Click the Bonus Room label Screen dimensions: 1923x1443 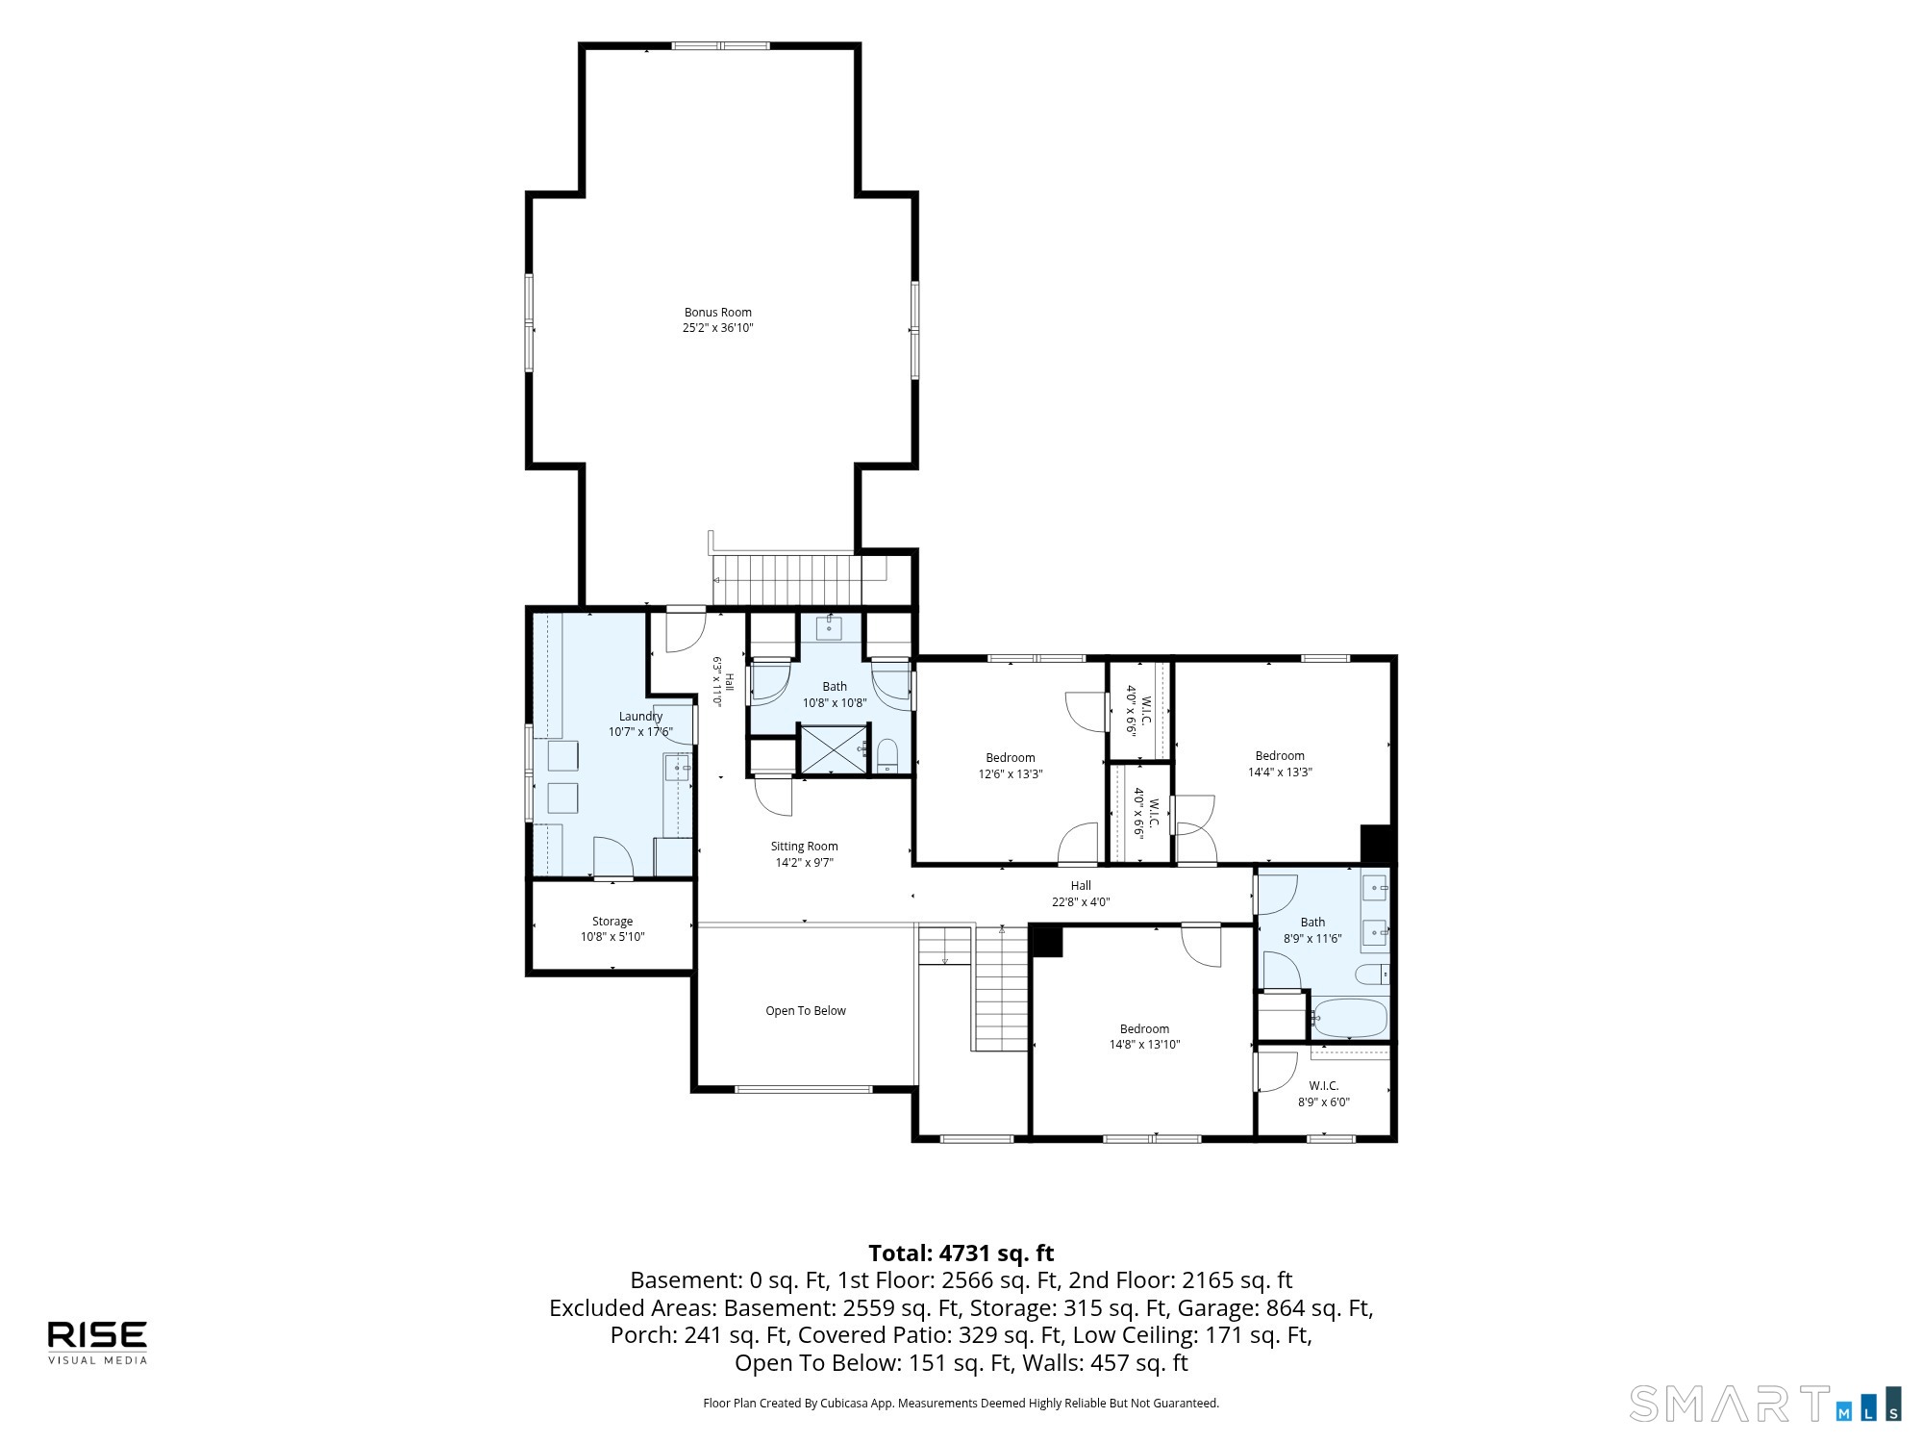[x=717, y=313]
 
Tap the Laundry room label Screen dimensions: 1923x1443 [x=640, y=717]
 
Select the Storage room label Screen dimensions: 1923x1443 [x=612, y=922]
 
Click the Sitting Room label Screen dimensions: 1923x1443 [x=804, y=847]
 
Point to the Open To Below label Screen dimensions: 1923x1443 [x=806, y=1011]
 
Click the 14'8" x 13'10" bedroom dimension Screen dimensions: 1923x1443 [x=1144, y=1045]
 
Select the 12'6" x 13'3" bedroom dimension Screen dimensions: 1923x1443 [x=1011, y=773]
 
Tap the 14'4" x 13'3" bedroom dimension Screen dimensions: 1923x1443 [x=1280, y=772]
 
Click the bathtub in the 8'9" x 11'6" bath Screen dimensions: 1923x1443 [x=1349, y=1018]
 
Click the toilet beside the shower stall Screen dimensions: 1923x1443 [x=887, y=756]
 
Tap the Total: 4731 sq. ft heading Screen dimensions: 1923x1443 [x=961, y=1253]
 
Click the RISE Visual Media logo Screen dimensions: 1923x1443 [x=98, y=1342]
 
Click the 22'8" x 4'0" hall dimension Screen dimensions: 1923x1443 [x=1081, y=902]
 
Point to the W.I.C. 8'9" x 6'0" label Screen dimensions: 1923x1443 [x=1324, y=1094]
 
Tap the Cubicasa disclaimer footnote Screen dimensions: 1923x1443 [x=961, y=1404]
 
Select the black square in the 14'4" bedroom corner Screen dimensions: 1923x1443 [x=1377, y=844]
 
